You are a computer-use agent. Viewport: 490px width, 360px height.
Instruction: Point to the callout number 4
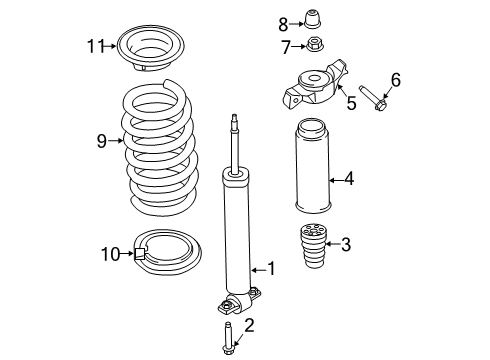coord(349,181)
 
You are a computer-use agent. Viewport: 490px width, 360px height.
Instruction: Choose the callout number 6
coord(395,79)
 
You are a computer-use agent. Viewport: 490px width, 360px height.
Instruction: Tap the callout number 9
coord(101,141)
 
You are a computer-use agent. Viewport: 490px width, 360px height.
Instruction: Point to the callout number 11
coord(95,45)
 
